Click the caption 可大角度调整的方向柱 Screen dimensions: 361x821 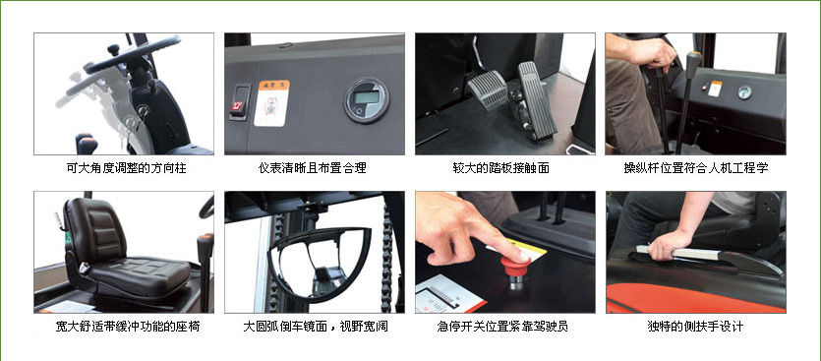click(123, 168)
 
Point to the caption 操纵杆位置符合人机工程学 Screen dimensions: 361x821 click(695, 168)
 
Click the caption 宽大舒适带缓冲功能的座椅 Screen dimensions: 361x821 click(123, 326)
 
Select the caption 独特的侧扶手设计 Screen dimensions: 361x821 click(695, 326)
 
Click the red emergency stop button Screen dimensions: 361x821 click(515, 266)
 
